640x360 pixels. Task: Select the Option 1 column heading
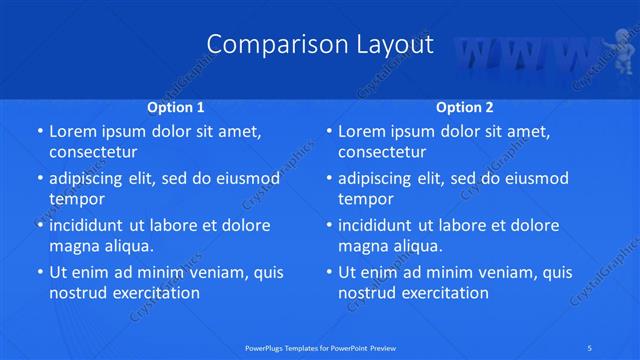(175, 106)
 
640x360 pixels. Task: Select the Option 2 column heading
(465, 106)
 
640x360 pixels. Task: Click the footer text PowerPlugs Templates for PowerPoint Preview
(319, 347)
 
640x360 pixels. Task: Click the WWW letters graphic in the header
(519, 56)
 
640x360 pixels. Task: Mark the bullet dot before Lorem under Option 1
(39, 132)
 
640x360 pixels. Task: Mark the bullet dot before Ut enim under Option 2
(328, 273)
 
